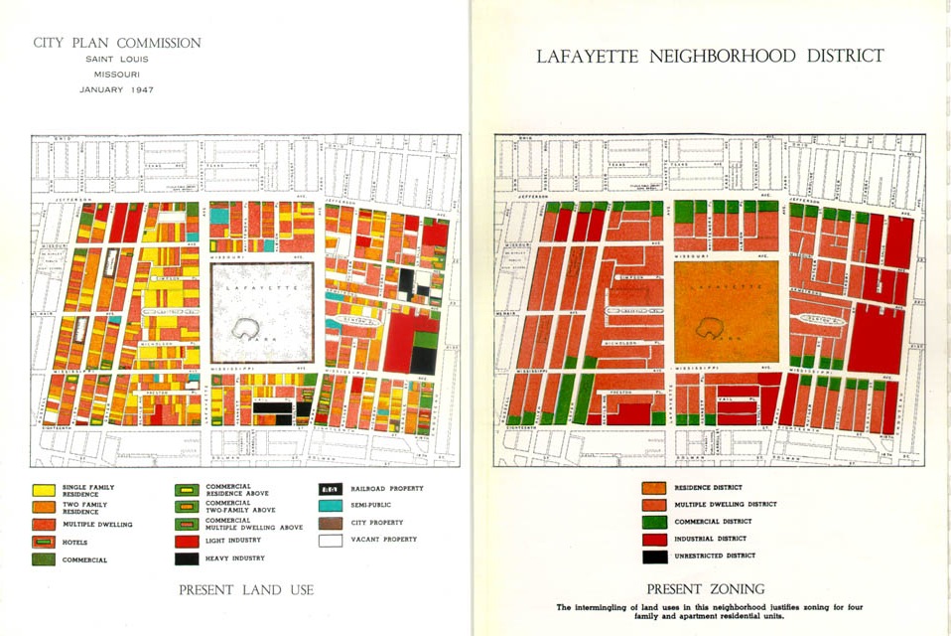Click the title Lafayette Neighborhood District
click(710, 57)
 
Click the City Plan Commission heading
click(117, 44)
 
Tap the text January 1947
click(117, 89)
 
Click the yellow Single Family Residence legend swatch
click(43, 490)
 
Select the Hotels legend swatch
click(43, 542)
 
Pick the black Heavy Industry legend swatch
click(186, 558)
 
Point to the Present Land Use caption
click(245, 590)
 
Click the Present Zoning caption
click(706, 588)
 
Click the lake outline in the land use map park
click(244, 328)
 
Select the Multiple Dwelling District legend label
click(726, 505)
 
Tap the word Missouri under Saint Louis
click(117, 75)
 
